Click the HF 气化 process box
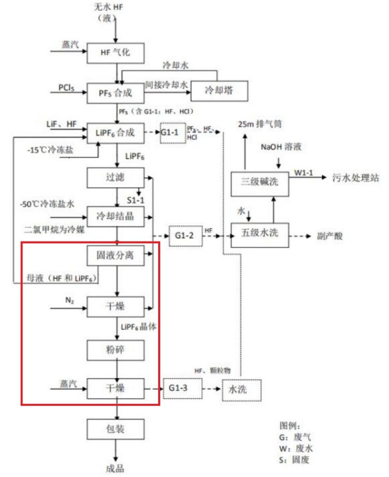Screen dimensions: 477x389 tap(115, 52)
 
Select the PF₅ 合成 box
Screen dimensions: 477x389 tap(115, 92)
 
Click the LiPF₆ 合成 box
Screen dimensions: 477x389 tap(115, 132)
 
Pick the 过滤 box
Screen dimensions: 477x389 tap(115, 177)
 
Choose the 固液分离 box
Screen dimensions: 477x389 tap(115, 256)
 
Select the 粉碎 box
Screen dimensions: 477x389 tap(115, 350)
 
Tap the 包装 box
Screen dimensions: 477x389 tap(115, 428)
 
